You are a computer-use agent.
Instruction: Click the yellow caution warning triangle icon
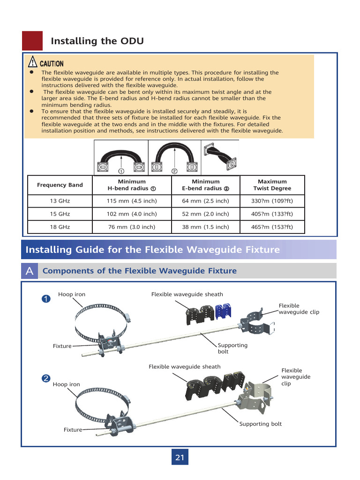(32, 62)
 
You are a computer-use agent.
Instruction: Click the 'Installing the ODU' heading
(97, 41)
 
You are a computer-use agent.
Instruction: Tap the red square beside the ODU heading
(32, 41)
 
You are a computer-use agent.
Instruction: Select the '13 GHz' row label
(60, 201)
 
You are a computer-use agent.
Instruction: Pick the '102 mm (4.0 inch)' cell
(132, 214)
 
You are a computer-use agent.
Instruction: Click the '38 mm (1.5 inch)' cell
(205, 227)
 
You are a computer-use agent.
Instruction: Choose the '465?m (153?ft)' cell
(272, 227)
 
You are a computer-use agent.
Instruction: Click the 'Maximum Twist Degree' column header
(272, 185)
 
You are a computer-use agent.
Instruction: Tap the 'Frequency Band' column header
(60, 185)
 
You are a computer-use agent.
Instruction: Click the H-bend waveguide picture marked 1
(121, 157)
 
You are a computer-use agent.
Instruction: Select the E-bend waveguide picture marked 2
(174, 157)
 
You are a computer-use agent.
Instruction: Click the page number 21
(180, 457)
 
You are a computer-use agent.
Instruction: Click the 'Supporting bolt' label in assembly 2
(261, 424)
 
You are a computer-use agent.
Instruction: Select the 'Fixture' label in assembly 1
(62, 346)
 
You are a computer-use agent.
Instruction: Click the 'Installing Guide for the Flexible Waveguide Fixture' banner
(152, 250)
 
